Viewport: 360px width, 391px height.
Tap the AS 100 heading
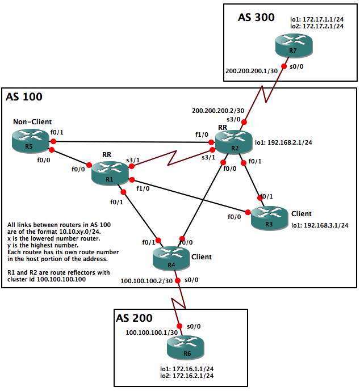click(24, 97)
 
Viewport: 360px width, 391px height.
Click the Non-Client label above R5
click(33, 121)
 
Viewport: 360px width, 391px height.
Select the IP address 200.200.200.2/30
click(218, 110)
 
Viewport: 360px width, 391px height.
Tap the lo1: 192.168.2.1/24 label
click(282, 143)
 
